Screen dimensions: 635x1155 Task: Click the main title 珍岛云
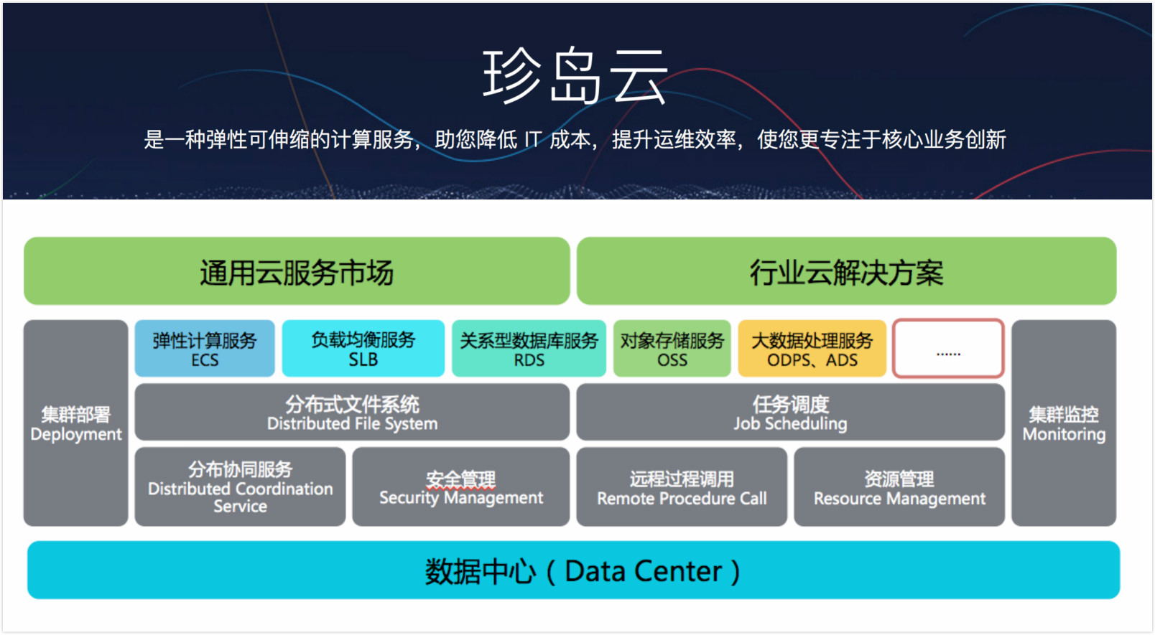[x=575, y=76]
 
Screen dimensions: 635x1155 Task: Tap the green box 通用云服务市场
[x=297, y=272]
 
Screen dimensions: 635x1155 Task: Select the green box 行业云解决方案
[x=846, y=272]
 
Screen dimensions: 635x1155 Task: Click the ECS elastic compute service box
[x=205, y=349]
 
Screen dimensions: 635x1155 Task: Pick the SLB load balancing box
[x=363, y=349]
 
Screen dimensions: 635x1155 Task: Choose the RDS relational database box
[x=529, y=349]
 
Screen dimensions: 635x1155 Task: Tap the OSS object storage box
[x=672, y=349]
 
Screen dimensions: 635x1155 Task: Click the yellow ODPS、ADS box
[x=812, y=349]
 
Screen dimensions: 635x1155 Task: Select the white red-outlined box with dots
[x=948, y=349]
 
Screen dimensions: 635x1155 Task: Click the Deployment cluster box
[x=75, y=423]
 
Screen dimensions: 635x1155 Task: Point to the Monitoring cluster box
[x=1064, y=423]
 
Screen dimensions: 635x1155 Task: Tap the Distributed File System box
[x=352, y=413]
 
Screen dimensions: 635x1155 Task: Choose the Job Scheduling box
[x=790, y=413]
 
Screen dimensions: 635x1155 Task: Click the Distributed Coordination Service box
[x=240, y=487]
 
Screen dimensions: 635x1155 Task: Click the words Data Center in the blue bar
[x=643, y=571]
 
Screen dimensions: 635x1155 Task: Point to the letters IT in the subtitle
[x=532, y=139]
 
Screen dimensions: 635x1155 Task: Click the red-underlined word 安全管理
[x=460, y=479]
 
